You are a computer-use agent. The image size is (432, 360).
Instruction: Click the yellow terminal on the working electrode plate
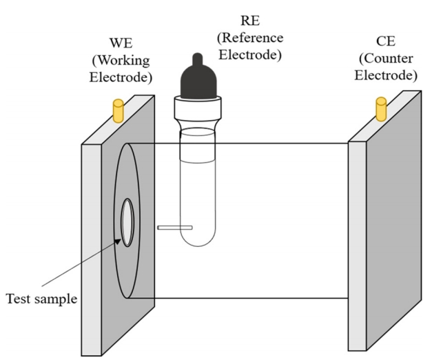pyautogui.click(x=116, y=110)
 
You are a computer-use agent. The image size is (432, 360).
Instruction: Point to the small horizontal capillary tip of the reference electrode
pyautogui.click(x=174, y=228)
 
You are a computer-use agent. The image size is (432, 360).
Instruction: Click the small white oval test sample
pyautogui.click(x=127, y=222)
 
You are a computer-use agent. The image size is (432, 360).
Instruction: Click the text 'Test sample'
pyautogui.click(x=41, y=299)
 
